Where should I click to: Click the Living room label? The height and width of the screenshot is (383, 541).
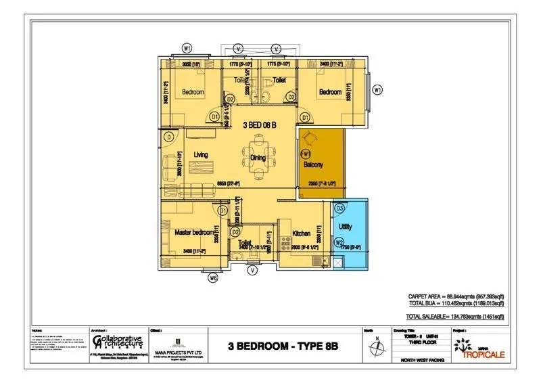[201, 155]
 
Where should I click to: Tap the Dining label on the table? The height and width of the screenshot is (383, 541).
[258, 158]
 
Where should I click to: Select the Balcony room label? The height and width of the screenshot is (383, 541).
[312, 164]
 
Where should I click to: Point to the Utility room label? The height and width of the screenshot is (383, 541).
[345, 227]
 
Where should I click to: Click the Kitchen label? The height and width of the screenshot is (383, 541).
[301, 234]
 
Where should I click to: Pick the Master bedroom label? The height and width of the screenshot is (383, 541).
[194, 232]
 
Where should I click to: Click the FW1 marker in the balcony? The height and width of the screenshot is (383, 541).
[305, 154]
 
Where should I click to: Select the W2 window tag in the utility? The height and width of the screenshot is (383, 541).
[340, 242]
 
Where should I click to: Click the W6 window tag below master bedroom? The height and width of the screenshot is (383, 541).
[214, 276]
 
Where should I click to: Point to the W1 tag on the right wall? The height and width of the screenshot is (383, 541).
[378, 89]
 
